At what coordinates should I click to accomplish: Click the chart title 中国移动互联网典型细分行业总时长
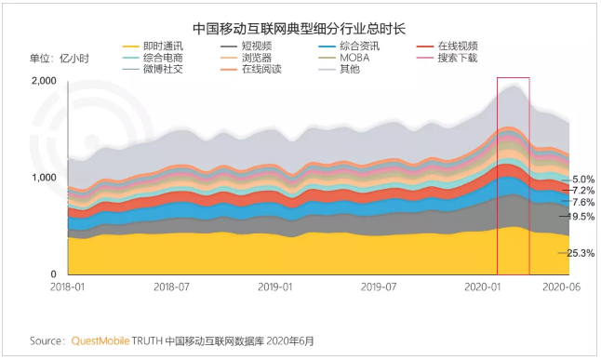tap(299, 29)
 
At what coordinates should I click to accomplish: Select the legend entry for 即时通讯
tap(153, 47)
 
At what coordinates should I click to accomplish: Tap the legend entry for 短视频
tap(246, 47)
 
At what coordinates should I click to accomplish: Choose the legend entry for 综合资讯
tap(349, 47)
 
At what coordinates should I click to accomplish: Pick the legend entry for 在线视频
tap(447, 47)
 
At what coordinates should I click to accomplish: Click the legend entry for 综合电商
tap(153, 58)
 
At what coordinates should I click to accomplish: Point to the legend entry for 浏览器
tap(246, 58)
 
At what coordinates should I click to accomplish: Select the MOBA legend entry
tap(344, 58)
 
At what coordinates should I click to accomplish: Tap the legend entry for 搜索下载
tap(447, 58)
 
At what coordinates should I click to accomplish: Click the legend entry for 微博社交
tap(153, 70)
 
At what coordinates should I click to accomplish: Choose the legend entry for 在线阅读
tap(251, 70)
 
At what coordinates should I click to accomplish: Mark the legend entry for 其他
tap(340, 70)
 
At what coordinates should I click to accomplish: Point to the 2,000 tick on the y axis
tap(44, 81)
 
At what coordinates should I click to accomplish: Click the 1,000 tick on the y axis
tap(44, 178)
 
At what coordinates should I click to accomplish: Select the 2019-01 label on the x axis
tap(274, 287)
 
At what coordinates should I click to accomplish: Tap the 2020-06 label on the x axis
tap(562, 287)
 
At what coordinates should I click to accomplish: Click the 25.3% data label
tap(581, 253)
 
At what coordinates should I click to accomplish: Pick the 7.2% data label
tap(583, 191)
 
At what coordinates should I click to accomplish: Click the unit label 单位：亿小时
tap(60, 59)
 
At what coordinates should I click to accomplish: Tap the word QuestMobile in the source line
tap(100, 340)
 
